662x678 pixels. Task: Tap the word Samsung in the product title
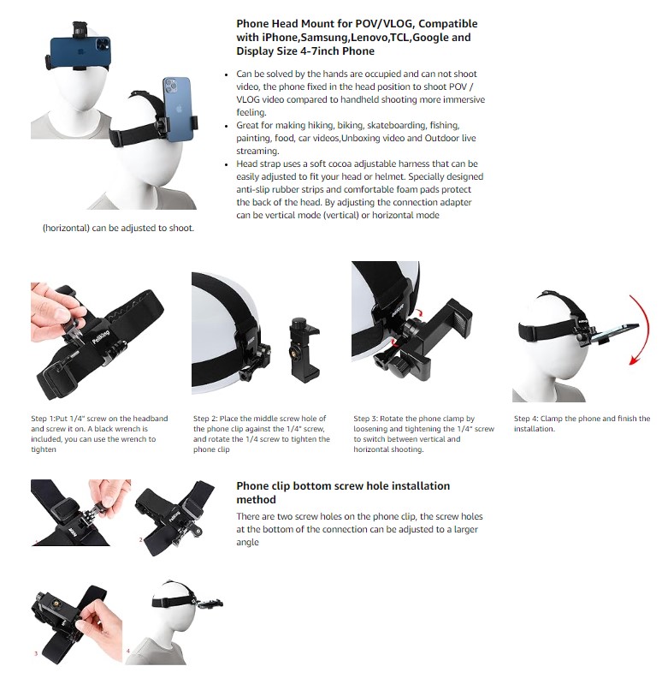click(325, 38)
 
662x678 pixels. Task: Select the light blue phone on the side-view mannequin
click(176, 110)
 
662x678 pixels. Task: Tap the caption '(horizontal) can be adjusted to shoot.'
click(118, 228)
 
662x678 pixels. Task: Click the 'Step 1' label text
click(43, 419)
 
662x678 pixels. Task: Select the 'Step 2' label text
click(205, 419)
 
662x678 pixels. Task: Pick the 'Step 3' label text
click(365, 419)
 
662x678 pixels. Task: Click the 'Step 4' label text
click(526, 419)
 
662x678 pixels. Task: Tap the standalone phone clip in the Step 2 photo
click(304, 348)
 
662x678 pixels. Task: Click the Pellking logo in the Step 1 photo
click(101, 336)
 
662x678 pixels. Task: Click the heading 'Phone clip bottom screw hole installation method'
click(343, 492)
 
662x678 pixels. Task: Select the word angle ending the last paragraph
click(247, 543)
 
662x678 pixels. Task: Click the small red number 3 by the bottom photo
click(36, 653)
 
